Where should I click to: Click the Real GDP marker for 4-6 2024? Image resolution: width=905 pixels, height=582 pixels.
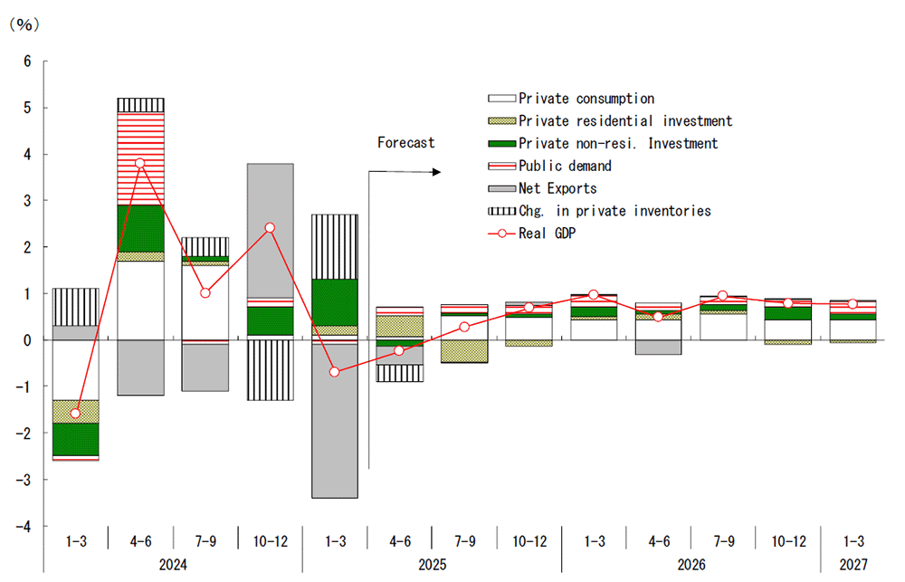139,163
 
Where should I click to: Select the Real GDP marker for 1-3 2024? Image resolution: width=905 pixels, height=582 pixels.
75,414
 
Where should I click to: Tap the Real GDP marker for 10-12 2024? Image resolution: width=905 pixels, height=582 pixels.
269,228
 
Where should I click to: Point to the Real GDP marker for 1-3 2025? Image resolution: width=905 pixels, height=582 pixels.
334,372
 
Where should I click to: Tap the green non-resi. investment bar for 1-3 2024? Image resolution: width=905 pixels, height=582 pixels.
75,439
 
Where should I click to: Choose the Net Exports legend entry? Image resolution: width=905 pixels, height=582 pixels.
557,188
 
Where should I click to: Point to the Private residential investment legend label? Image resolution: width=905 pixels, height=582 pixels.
625,121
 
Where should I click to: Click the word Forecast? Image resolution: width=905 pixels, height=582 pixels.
405,142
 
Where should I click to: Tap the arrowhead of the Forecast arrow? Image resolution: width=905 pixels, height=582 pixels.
440,172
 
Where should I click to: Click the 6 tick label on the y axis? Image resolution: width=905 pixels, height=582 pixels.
27,62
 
